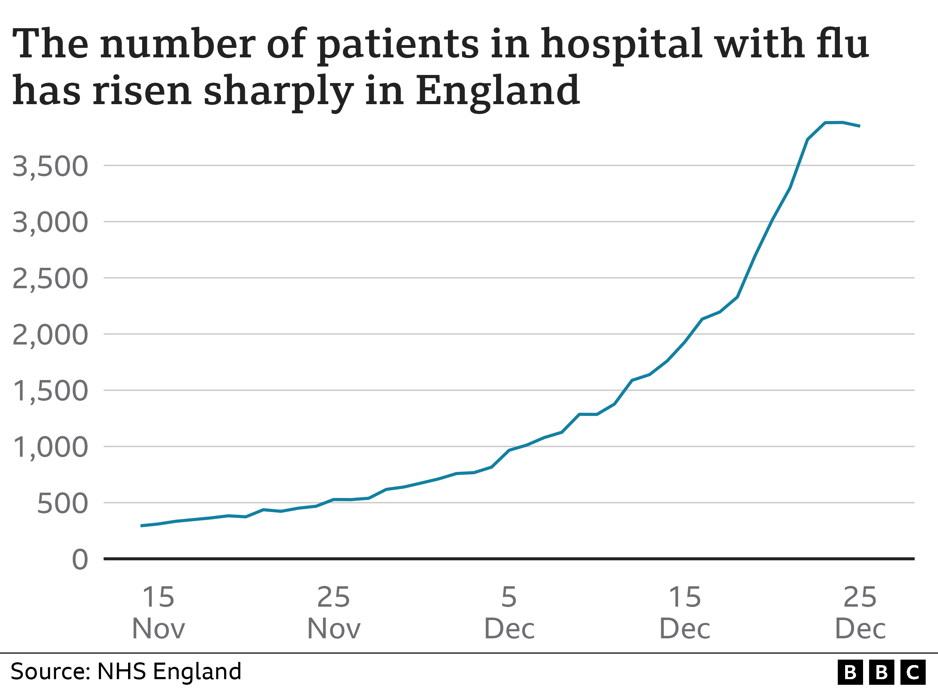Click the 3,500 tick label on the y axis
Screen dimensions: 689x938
[x=50, y=166]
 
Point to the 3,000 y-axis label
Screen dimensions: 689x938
[x=50, y=222]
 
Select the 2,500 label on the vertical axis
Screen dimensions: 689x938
[x=50, y=279]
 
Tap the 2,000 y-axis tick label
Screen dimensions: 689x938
[x=50, y=335]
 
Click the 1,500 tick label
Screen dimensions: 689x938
[x=50, y=391]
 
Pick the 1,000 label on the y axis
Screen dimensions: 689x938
[x=50, y=448]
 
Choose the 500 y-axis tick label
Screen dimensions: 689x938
[x=63, y=504]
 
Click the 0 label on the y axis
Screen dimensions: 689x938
[x=80, y=560]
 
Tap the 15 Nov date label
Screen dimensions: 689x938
[x=158, y=612]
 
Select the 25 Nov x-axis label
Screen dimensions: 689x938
[x=334, y=612]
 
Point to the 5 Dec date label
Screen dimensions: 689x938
[x=509, y=612]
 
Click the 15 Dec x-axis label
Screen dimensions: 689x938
[x=685, y=612]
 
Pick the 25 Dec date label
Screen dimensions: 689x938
[x=860, y=612]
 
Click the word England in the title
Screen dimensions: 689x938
[x=497, y=91]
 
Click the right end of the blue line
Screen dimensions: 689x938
[x=860, y=126]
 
